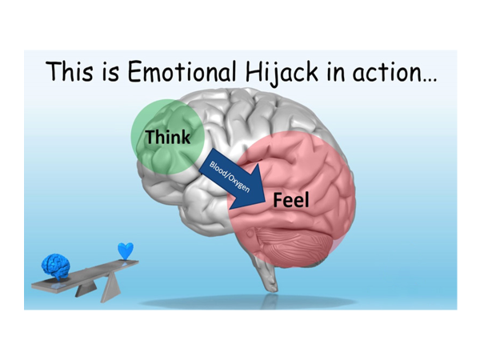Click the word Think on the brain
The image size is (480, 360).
pos(168,137)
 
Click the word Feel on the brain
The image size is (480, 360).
pos(291,200)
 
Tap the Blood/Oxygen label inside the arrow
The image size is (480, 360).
pos(230,177)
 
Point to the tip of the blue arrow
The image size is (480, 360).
pos(265,202)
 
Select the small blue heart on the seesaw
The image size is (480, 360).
pos(126,250)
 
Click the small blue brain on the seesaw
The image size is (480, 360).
pos(55,266)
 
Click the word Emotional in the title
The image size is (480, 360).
pos(182,72)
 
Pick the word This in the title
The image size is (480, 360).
pos(70,71)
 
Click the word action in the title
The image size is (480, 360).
pos(387,73)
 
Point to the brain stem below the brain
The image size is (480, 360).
pos(267,275)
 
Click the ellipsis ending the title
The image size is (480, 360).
pos(430,80)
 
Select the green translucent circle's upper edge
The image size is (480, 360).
pos(168,99)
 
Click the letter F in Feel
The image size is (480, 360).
pos(278,200)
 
